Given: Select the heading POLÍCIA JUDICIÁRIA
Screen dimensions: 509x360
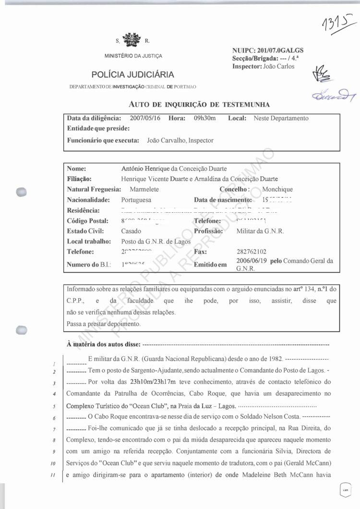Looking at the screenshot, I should [132, 74].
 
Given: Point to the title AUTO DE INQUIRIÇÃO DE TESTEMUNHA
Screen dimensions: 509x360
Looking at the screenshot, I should [199, 104].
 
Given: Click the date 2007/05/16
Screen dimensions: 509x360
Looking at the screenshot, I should [146, 118].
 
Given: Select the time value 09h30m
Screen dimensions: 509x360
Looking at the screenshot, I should [205, 118].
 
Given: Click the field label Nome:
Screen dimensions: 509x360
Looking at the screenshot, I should [76, 169].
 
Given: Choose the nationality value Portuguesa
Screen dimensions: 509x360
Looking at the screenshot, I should [137, 200].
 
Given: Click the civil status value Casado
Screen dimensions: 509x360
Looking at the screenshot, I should [131, 231].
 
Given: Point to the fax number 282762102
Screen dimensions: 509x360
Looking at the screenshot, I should [252, 252].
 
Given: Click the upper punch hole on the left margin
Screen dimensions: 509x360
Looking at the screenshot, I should [22, 192].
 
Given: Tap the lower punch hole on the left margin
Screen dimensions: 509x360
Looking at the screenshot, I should [22, 330].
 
